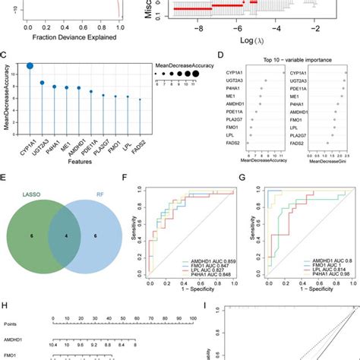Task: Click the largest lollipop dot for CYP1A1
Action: point(30,66)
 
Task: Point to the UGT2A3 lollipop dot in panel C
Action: point(43,82)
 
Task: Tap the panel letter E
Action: point(5,175)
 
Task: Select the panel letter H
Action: point(5,305)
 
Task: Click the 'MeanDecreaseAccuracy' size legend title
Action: point(186,65)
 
